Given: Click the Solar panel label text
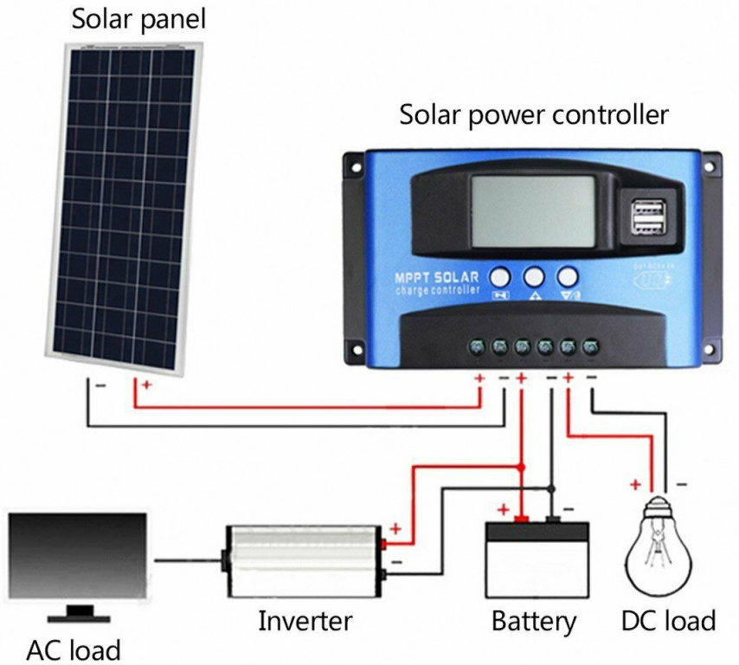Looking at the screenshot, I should [x=138, y=19].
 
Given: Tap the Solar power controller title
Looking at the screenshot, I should [x=533, y=115].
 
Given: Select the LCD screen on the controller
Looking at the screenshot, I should [x=533, y=211].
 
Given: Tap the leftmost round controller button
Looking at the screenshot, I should [x=502, y=276].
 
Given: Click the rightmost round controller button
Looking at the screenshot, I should [x=567, y=276].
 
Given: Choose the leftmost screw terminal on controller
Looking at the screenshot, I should [x=477, y=347].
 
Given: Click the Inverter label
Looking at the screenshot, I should [x=305, y=621].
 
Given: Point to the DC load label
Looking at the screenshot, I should [x=668, y=621].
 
